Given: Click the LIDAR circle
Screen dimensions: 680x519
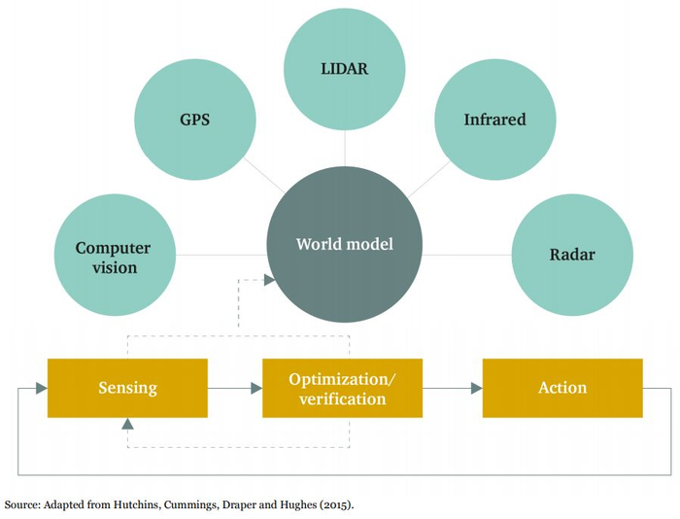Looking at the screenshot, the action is pyautogui.click(x=345, y=69).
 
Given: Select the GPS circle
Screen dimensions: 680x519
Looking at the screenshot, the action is pyautogui.click(x=195, y=120).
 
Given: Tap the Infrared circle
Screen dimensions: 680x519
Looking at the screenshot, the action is pyautogui.click(x=495, y=120).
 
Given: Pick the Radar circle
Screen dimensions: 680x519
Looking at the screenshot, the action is pyautogui.click(x=572, y=255).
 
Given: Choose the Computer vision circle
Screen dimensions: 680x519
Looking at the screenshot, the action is pyautogui.click(x=115, y=255).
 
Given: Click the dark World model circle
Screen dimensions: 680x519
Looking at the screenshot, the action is pyautogui.click(x=345, y=244).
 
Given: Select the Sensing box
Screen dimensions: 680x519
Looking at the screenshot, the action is pyautogui.click(x=127, y=388).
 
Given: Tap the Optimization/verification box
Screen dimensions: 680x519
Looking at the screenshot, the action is pyautogui.click(x=343, y=388).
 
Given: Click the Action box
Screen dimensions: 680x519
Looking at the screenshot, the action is pyautogui.click(x=562, y=388).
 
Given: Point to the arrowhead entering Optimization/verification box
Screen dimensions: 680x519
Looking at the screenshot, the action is pyautogui.click(x=256, y=388).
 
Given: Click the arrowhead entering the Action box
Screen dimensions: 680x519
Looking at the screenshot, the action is pyautogui.click(x=477, y=388).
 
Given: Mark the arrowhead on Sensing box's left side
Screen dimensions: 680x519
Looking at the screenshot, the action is pyautogui.click(x=42, y=388).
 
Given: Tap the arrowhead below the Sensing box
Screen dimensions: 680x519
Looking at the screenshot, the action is pyautogui.click(x=127, y=424).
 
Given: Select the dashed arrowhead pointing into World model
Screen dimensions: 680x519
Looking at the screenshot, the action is pyautogui.click(x=270, y=280).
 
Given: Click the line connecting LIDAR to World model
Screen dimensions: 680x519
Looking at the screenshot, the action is pyautogui.click(x=345, y=148).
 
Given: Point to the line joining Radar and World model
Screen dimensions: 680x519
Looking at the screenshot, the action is pyautogui.click(x=467, y=255).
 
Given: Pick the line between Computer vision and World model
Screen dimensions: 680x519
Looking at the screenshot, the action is pyautogui.click(x=221, y=255).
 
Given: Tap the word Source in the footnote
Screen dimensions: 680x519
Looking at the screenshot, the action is pyautogui.click(x=22, y=504).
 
